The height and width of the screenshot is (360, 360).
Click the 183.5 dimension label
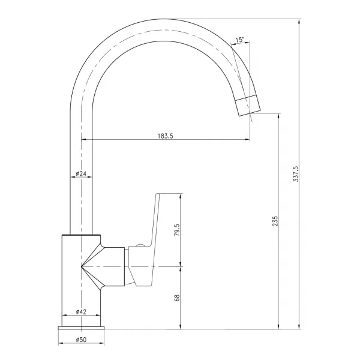[166, 136]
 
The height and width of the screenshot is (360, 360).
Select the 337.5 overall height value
[296, 174]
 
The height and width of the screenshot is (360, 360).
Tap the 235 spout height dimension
[275, 221]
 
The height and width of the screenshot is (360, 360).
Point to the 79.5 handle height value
[177, 230]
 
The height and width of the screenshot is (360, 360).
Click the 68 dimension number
[177, 298]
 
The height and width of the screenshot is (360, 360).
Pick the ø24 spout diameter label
[81, 173]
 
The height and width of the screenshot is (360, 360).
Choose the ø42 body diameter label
[81, 311]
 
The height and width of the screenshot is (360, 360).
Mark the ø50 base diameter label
[81, 340]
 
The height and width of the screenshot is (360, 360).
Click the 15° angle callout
[239, 40]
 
